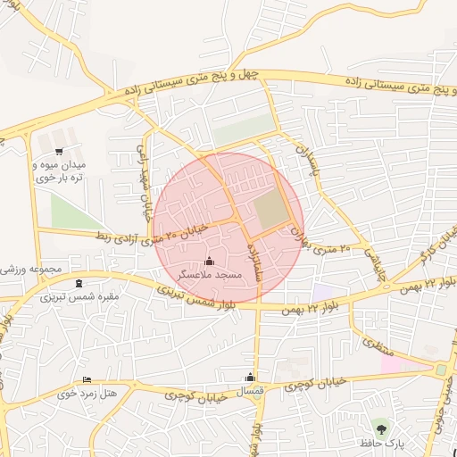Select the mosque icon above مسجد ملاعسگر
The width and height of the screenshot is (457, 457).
pos(210,261)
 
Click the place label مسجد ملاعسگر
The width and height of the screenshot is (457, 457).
pos(210,276)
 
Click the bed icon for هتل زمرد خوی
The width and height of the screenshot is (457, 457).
pos(87,379)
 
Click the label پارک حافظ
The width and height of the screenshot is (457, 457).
pos(382,443)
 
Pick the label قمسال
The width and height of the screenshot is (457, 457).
pos(250,393)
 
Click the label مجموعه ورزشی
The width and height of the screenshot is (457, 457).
pos(30,269)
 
